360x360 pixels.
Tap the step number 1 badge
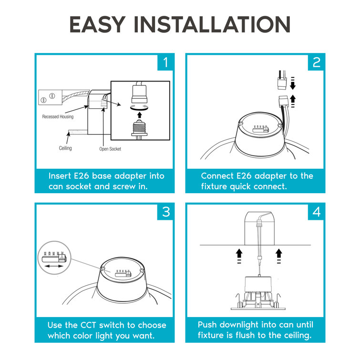[x=165, y=62]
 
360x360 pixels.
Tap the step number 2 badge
[x=316, y=62]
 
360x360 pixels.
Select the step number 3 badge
[x=165, y=211]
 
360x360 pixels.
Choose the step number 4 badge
[x=316, y=211]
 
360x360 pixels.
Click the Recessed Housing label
[x=58, y=117]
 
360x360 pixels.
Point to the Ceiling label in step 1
[x=65, y=148]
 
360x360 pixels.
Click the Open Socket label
[x=110, y=149]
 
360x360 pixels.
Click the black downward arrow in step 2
[x=294, y=85]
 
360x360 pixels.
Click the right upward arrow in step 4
[x=279, y=252]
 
